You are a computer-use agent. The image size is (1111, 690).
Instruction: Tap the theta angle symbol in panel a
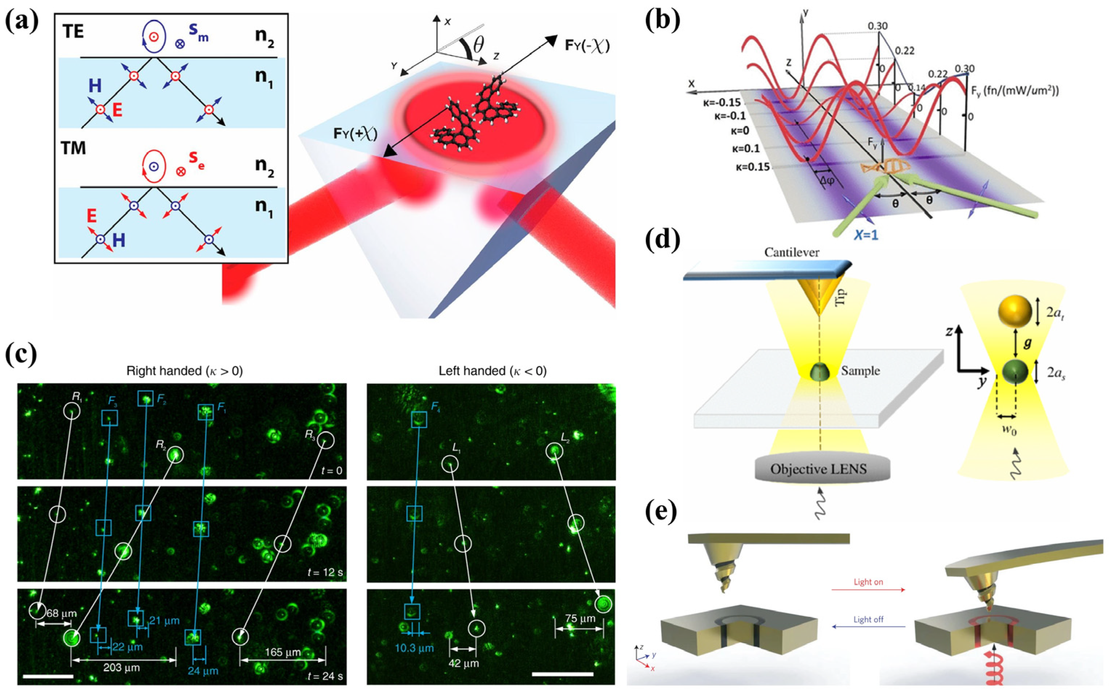478,46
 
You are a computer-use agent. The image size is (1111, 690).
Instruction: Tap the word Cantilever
792,253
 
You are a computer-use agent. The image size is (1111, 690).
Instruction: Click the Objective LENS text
818,469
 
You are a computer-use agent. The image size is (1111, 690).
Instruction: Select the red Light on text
868,582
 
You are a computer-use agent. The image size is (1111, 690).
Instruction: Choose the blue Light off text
868,619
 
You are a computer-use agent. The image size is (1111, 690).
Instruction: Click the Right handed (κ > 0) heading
184,371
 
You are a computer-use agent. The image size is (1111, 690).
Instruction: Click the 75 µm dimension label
580,618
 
